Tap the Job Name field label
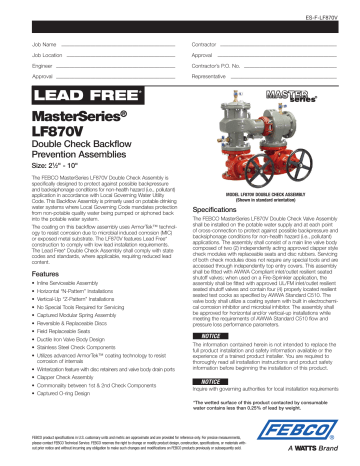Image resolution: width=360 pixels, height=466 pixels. pyautogui.click(x=43, y=45)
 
